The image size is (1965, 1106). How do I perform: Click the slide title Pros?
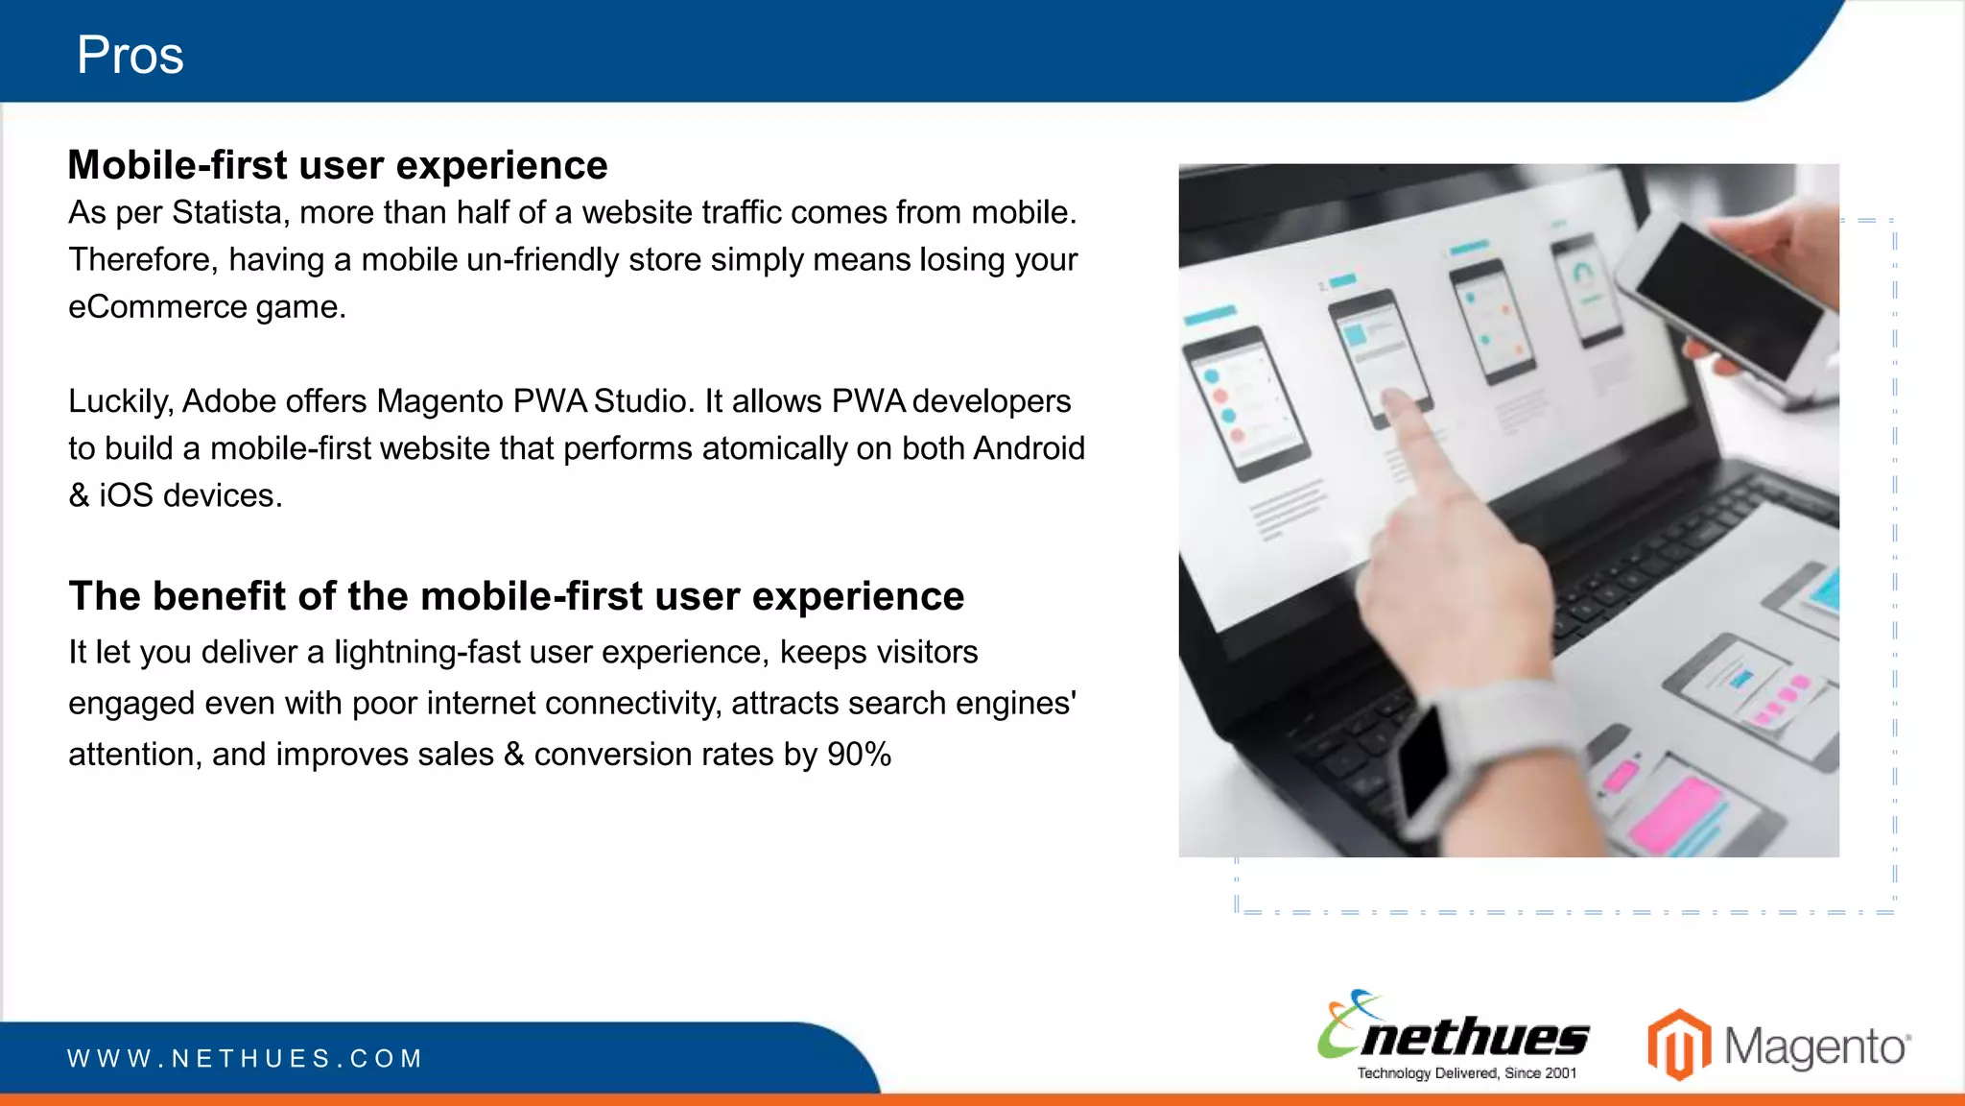(x=130, y=55)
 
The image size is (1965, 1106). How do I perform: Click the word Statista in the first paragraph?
(x=229, y=212)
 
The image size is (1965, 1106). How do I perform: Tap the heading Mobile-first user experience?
(x=337, y=165)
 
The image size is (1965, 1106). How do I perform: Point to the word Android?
(x=1029, y=448)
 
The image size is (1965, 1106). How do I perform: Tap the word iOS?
(x=126, y=495)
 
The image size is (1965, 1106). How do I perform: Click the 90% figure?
(x=859, y=755)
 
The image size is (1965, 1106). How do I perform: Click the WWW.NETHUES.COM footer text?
(x=245, y=1059)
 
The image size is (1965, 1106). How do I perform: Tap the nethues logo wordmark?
(x=1473, y=1037)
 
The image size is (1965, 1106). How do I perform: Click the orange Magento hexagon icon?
(x=1679, y=1045)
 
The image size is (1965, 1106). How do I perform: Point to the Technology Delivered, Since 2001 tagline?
(x=1466, y=1073)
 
